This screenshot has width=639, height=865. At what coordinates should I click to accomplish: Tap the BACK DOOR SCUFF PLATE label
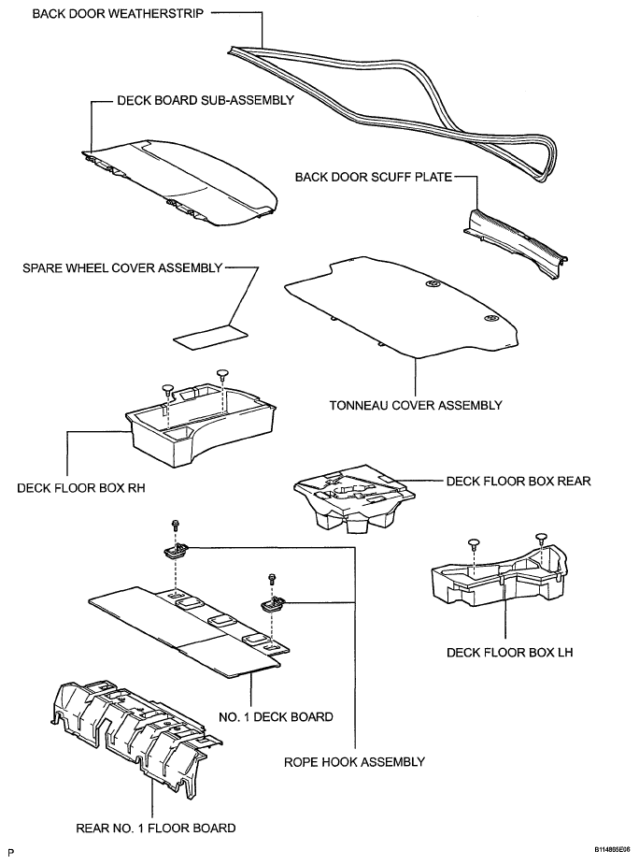click(x=374, y=176)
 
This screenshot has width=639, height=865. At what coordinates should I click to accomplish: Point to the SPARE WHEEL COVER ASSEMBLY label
click(x=121, y=268)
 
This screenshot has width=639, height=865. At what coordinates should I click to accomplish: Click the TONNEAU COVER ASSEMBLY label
click(x=416, y=405)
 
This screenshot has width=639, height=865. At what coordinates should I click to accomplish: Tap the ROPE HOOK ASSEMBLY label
click(x=354, y=762)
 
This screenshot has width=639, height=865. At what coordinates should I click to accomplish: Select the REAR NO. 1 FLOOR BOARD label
click(x=154, y=828)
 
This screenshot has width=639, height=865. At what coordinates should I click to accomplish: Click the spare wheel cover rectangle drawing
click(x=207, y=336)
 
